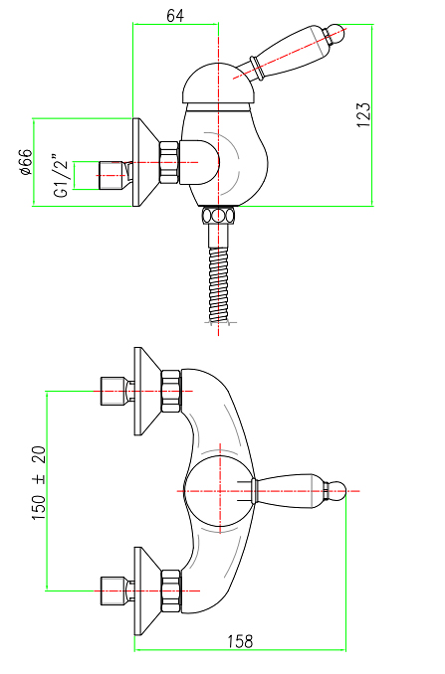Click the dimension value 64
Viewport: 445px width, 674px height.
coord(175,16)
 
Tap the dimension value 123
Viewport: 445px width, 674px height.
coord(362,114)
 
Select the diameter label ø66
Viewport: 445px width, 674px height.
coord(26,162)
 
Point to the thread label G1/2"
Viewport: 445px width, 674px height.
coord(61,175)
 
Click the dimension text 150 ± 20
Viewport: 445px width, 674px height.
coord(39,483)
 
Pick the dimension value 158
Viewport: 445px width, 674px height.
coord(240,642)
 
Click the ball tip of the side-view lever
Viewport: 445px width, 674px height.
coord(337,33)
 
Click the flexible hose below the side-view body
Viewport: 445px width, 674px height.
coord(219,283)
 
